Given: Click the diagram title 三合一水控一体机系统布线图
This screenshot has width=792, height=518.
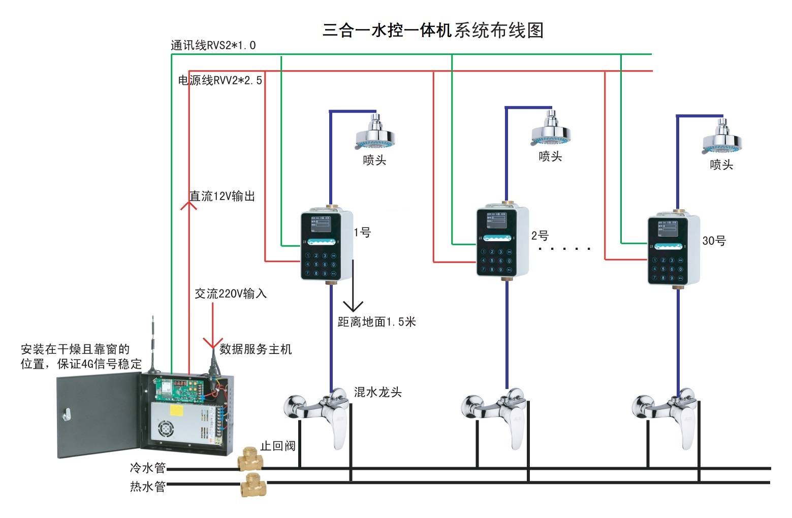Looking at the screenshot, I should point(433,30).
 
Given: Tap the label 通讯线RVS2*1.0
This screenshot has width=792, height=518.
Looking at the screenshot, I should point(213,46).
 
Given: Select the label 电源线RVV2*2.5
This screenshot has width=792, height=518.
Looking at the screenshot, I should point(220,81).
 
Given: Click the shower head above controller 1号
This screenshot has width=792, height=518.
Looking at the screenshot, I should point(375,133).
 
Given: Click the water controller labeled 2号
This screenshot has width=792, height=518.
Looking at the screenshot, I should point(502,242).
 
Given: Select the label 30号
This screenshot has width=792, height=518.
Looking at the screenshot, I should point(714,241).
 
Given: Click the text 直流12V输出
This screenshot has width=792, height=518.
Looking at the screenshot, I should point(222,197).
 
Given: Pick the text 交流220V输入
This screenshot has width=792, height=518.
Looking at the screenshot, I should point(231,294).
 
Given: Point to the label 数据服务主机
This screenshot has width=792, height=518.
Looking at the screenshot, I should point(256,349).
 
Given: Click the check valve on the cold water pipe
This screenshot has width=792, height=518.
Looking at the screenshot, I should point(250,459).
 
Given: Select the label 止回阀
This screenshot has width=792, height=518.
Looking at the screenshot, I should point(277,446).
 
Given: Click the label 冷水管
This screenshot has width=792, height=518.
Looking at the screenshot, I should point(147,467).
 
